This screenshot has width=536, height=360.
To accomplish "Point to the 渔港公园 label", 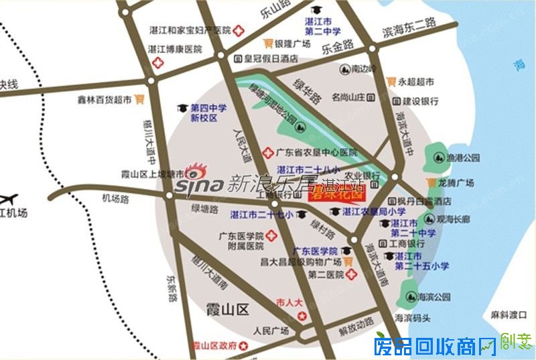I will click(466, 158).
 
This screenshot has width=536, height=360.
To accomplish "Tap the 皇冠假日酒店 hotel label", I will click(270, 59).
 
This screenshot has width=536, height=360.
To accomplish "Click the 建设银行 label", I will click(420, 101).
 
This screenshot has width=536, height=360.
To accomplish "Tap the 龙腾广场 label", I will click(459, 183).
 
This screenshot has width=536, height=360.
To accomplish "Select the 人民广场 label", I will click(271, 331).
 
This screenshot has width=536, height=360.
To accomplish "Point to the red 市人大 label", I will click(289, 302).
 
